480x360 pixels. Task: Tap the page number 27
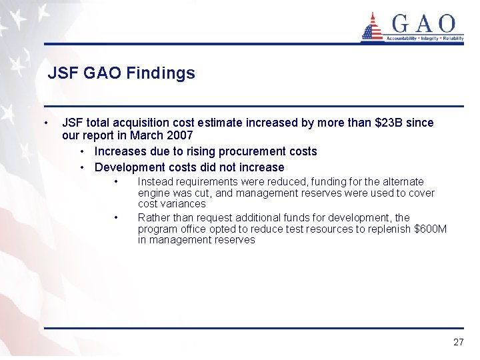(x=458, y=342)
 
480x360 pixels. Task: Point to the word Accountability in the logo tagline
(x=402, y=39)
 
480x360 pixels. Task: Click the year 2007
(x=180, y=135)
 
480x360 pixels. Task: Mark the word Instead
(x=154, y=181)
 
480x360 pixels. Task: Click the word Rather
(x=153, y=217)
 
